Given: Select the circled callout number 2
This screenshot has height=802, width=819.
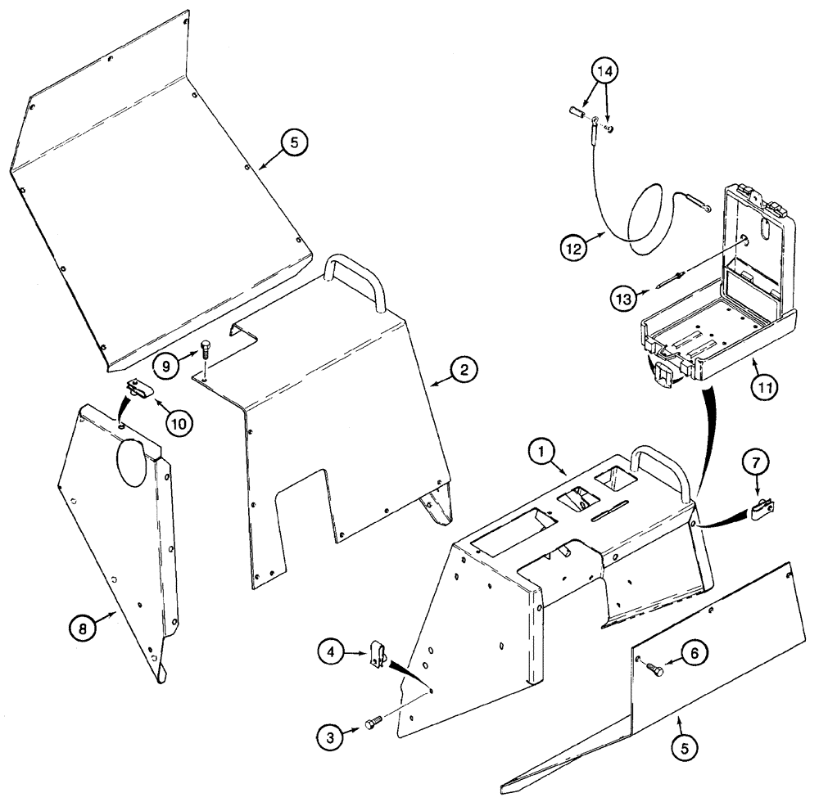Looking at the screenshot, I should (x=463, y=370).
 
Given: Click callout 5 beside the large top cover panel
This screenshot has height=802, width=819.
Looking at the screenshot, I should (x=292, y=142).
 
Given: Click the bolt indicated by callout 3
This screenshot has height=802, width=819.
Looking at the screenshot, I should (x=372, y=723).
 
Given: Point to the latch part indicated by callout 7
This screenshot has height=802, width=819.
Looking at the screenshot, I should (x=762, y=511).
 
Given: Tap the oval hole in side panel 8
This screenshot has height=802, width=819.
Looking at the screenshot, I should (x=132, y=463).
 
